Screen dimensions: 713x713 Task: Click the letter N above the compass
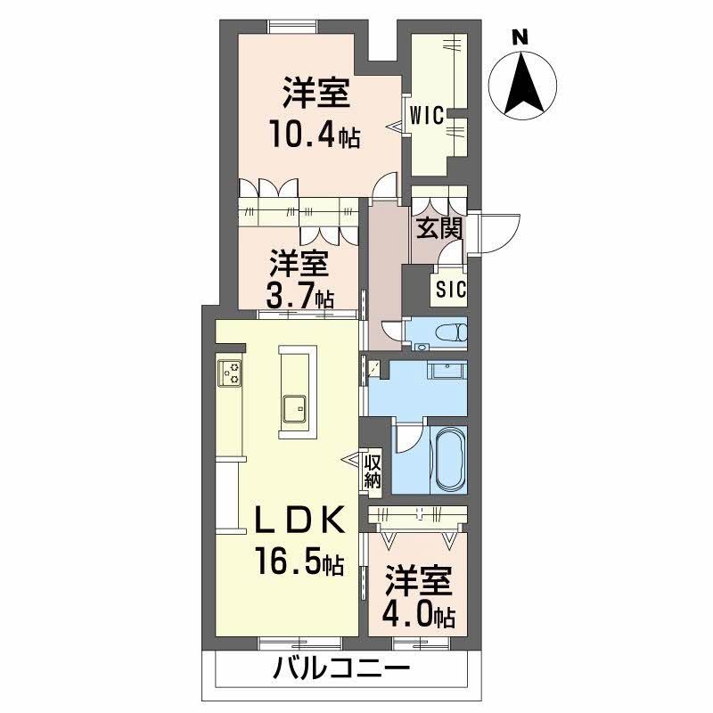pos(520,37)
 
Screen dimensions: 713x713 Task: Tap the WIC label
pos(427,114)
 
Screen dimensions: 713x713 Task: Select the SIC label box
pos(450,289)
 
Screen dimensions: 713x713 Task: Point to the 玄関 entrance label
pos(438,228)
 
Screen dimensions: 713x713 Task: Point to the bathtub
pos(447,457)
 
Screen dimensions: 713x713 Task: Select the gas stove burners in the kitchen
pos(230,372)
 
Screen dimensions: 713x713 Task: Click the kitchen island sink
pos(294,410)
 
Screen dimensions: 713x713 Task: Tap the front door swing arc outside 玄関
pos(497,234)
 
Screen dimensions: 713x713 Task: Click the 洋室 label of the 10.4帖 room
pos(315,92)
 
